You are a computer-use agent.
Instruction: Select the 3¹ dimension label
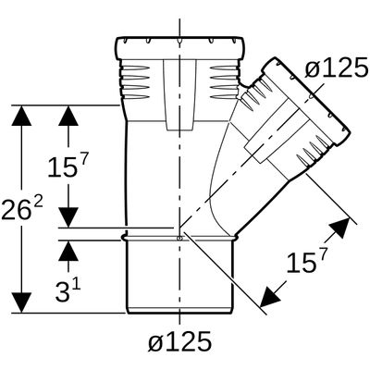pyautogui.click(x=68, y=290)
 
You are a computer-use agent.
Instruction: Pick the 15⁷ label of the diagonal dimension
pyautogui.click(x=306, y=261)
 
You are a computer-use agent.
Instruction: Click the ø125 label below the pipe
pyautogui.click(x=179, y=341)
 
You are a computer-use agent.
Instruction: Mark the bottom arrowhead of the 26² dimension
pyautogui.click(x=21, y=302)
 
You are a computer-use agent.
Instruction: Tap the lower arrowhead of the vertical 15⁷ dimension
pyautogui.click(x=68, y=217)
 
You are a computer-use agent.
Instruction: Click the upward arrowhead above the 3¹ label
pyautogui.click(x=68, y=251)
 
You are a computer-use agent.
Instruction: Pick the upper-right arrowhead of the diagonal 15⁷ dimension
pyautogui.click(x=340, y=228)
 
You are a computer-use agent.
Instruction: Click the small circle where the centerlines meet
pyautogui.click(x=179, y=238)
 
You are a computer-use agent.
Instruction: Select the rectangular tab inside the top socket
pyautogui.click(x=179, y=95)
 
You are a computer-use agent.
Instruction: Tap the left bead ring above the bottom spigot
pyautogui.click(x=124, y=237)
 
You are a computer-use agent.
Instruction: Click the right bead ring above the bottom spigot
pyautogui.click(x=235, y=237)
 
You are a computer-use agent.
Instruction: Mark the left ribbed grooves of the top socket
pyautogui.click(x=135, y=81)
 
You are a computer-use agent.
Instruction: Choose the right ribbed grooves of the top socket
pyautogui.click(x=224, y=81)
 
